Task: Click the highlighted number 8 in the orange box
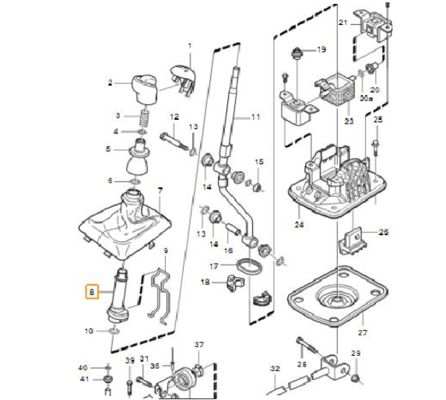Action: pyautogui.click(x=92, y=293)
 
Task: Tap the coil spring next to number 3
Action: pyautogui.click(x=144, y=119)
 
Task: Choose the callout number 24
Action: pyautogui.click(x=298, y=226)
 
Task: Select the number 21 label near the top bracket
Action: pyautogui.click(x=342, y=23)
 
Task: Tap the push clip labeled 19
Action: pyautogui.click(x=296, y=55)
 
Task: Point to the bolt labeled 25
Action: pyautogui.click(x=377, y=145)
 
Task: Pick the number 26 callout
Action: pyautogui.click(x=382, y=232)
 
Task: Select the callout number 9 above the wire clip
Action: pyautogui.click(x=164, y=251)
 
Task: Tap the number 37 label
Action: pyautogui.click(x=198, y=345)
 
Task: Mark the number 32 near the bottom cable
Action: pyautogui.click(x=274, y=368)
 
